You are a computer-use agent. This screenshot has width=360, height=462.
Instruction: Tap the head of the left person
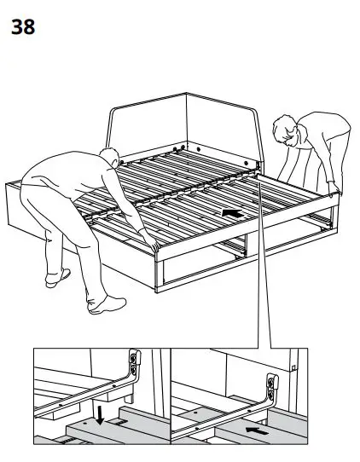(108, 159)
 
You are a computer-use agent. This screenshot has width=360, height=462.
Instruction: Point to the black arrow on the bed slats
(228, 210)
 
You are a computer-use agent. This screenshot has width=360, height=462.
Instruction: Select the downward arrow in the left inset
(101, 416)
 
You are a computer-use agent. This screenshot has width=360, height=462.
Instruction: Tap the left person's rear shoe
(57, 276)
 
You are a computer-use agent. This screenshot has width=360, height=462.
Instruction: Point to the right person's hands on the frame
(332, 187)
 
